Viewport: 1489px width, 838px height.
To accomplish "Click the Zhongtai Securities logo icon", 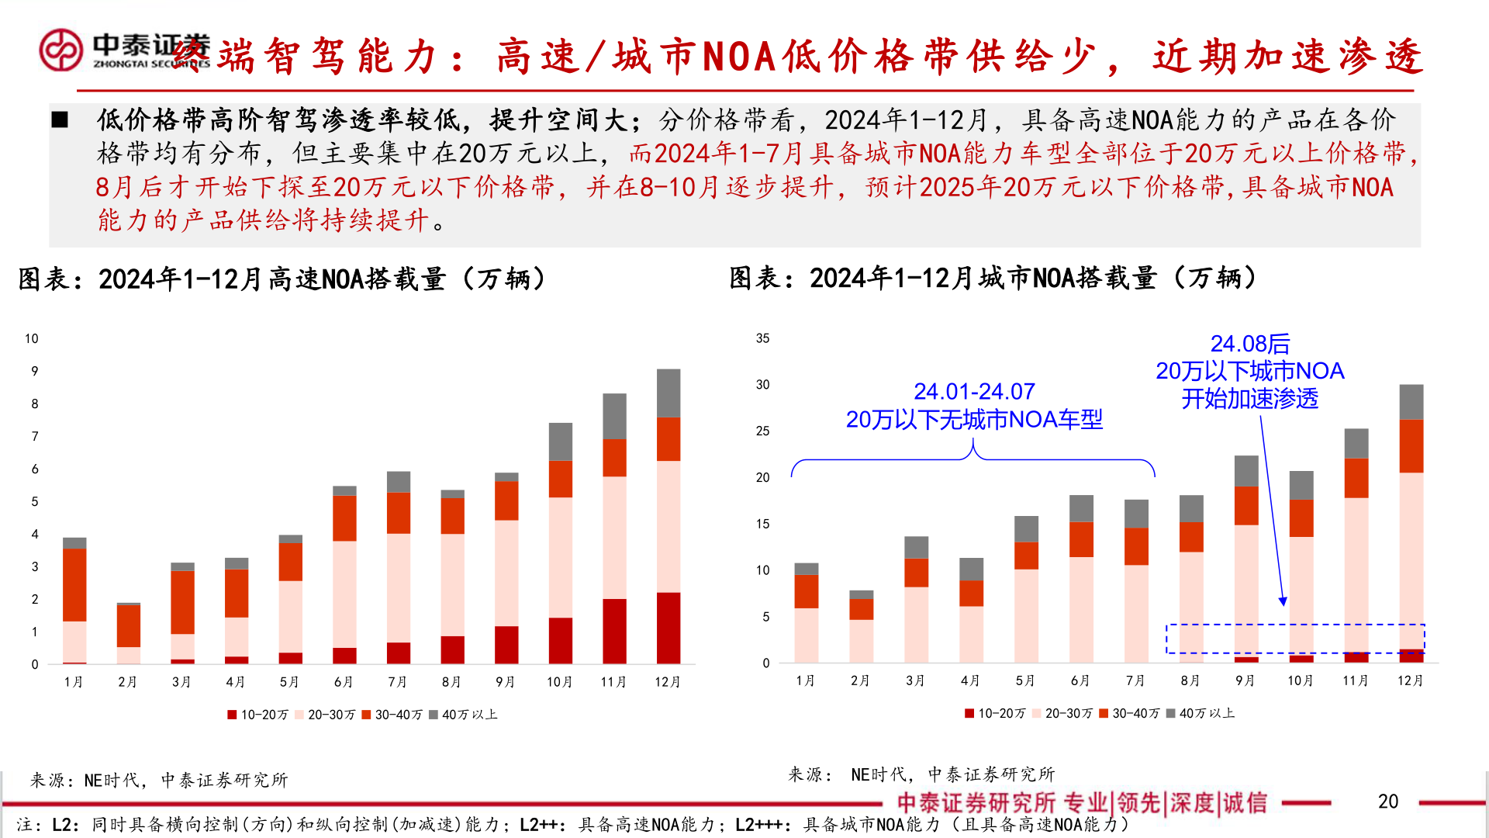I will [60, 50].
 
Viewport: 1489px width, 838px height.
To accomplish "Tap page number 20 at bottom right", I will [1387, 802].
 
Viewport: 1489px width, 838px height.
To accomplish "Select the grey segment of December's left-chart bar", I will [668, 393].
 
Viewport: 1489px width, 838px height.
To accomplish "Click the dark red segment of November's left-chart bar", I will [614, 630].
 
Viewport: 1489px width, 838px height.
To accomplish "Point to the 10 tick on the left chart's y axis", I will [31, 338].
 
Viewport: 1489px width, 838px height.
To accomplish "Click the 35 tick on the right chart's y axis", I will [762, 338].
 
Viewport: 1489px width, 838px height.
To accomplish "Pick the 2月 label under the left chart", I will [127, 681].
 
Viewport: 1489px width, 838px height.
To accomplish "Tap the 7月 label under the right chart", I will [1135, 680].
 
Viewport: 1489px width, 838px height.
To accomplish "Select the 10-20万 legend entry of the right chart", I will [995, 713].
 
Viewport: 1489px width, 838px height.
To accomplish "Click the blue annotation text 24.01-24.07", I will [974, 391].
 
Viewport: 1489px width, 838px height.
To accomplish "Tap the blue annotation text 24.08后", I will [1249, 344].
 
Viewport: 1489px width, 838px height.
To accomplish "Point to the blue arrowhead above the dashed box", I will [1283, 601].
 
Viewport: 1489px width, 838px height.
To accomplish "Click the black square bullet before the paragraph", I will [60, 120].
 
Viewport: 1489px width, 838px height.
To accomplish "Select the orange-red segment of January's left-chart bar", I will [74, 584].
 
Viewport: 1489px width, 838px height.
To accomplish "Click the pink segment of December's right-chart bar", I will [1411, 559].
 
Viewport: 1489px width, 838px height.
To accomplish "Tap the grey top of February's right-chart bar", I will [861, 594].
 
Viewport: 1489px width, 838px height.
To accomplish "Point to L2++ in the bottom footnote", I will [540, 824].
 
